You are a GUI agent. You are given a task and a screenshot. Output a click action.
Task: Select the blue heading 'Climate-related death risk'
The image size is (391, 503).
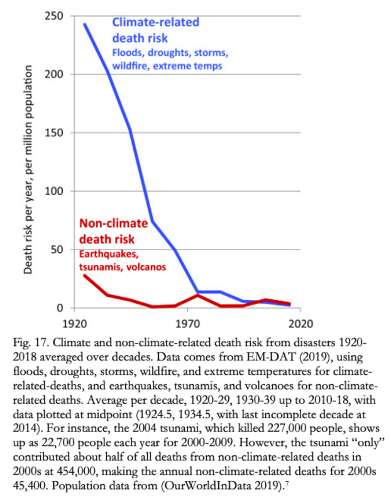[155, 29]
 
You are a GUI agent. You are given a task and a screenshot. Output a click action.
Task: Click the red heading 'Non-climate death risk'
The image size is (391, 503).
[113, 231]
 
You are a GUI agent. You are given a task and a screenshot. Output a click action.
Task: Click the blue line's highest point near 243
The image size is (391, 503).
[84, 25]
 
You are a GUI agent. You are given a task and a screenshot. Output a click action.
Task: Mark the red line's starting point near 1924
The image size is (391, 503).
[84, 275]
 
